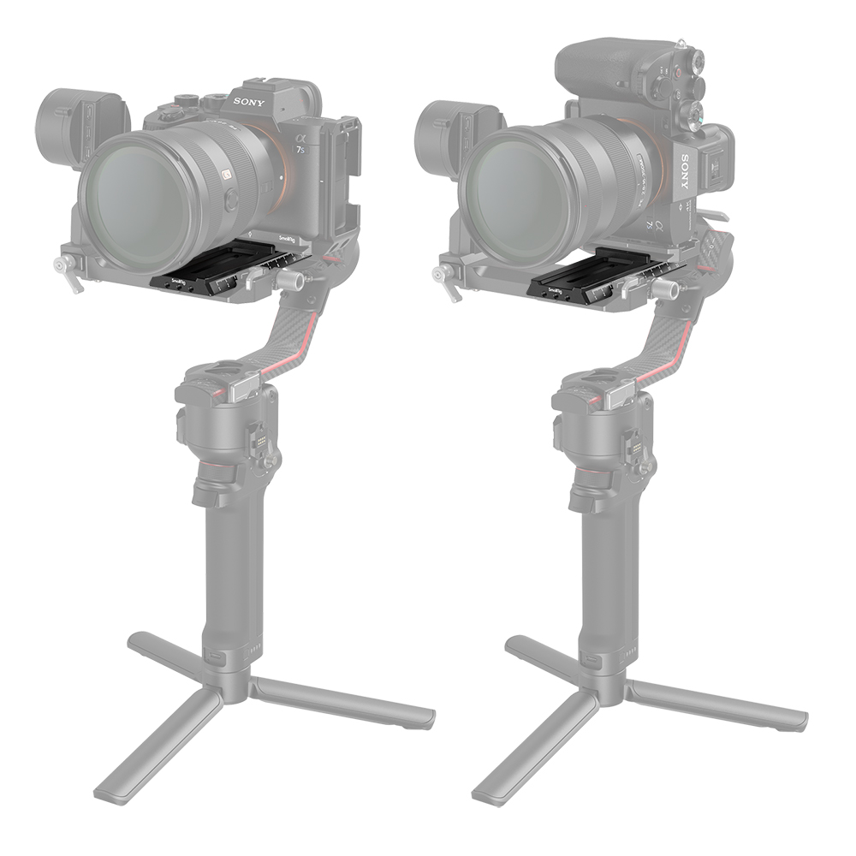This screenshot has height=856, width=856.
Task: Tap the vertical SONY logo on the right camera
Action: click(x=685, y=172)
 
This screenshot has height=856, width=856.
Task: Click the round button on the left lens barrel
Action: click(x=230, y=201)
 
